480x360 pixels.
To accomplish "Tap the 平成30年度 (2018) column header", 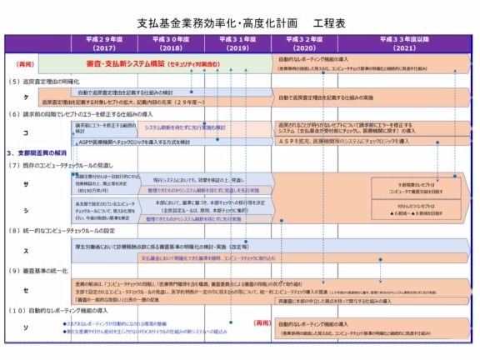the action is [x=171, y=43].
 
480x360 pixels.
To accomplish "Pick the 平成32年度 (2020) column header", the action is [x=309, y=43].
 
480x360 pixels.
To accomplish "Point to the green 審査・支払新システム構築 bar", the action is [x=172, y=63].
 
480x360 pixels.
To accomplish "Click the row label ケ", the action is [x=24, y=97].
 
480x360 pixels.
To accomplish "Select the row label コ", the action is [x=24, y=132].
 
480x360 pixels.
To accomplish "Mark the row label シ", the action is [x=24, y=209].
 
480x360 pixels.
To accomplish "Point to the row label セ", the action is [x=24, y=291].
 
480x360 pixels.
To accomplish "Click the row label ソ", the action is [x=24, y=329].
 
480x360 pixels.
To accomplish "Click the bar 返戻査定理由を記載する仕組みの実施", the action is [x=342, y=97].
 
